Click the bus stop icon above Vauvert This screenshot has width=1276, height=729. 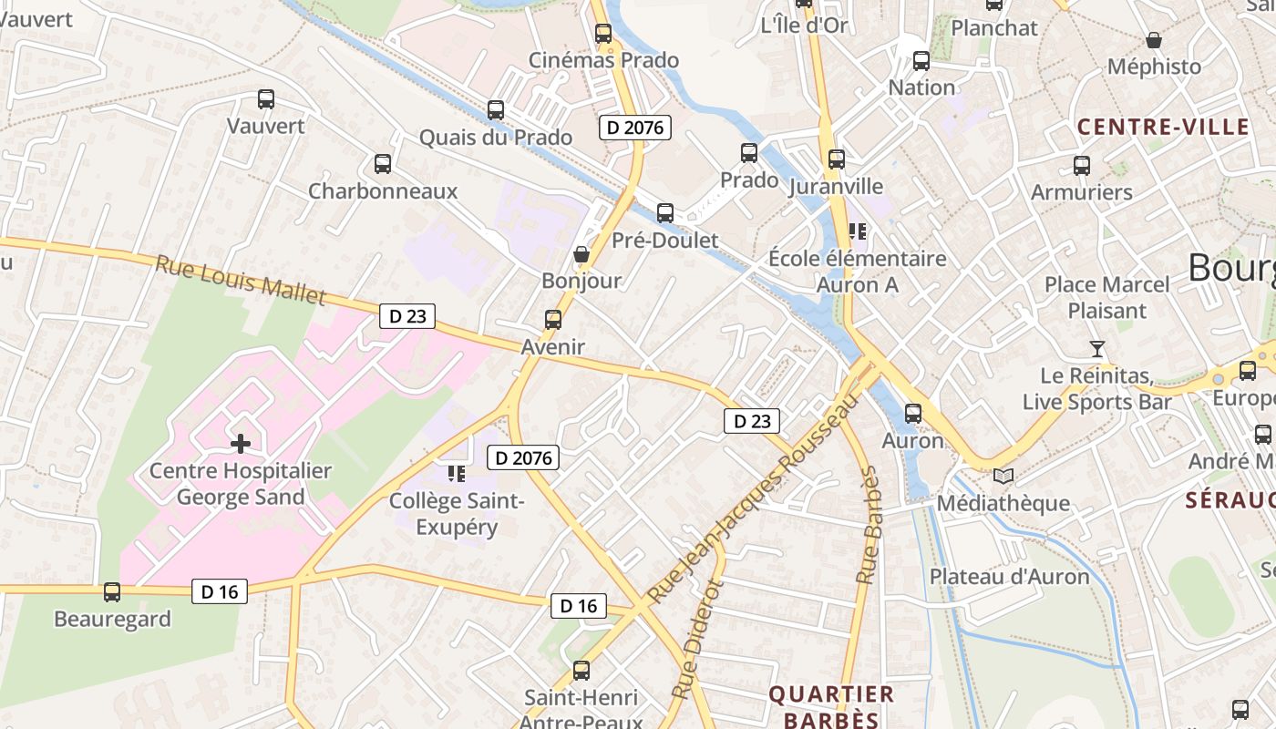click(x=266, y=98)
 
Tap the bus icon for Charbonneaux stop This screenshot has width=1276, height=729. click(x=383, y=164)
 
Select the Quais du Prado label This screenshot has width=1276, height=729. click(x=495, y=138)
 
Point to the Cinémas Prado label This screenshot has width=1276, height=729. click(x=603, y=60)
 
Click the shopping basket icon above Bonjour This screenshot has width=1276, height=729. click(x=581, y=253)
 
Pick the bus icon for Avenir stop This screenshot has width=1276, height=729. click(x=553, y=320)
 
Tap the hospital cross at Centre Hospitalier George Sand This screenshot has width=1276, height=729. click(x=241, y=444)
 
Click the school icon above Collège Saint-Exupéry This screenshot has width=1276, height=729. click(x=457, y=473)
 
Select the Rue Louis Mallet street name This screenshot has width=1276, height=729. click(x=240, y=280)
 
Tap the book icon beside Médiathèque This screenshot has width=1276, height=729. click(x=1003, y=476)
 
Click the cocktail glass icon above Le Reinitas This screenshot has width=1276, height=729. click(x=1097, y=349)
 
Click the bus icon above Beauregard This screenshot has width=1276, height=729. click(x=112, y=592)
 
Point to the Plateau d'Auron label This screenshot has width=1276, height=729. click(x=1009, y=577)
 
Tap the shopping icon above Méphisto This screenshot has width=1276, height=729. click(x=1154, y=40)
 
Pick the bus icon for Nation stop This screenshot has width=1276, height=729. click(x=921, y=61)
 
